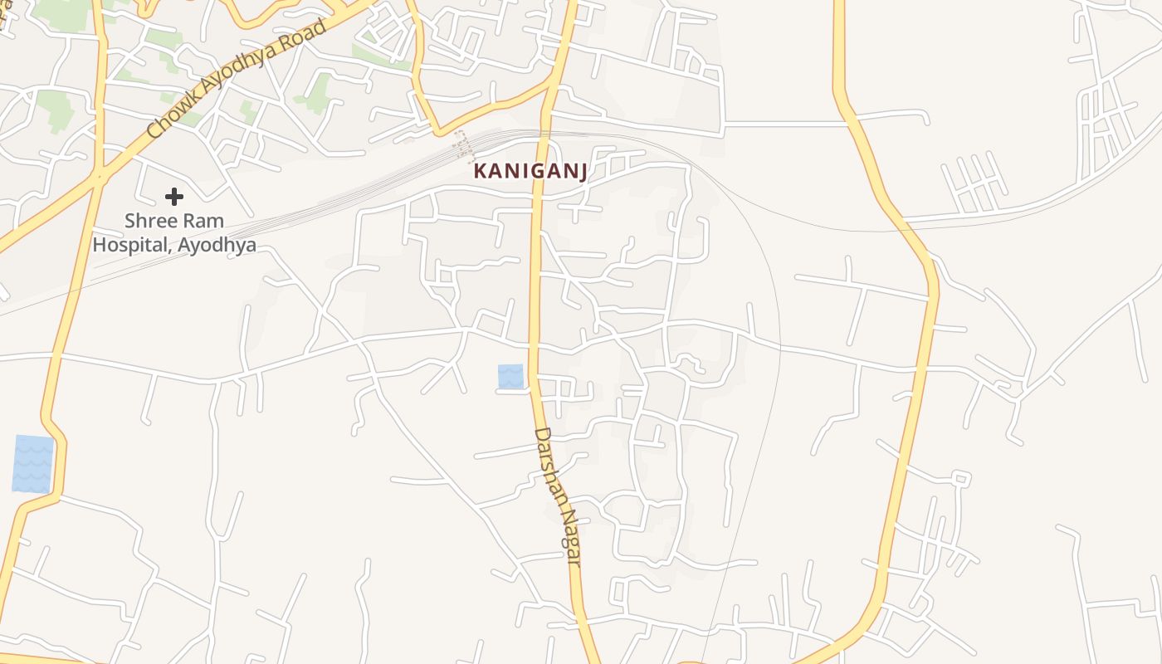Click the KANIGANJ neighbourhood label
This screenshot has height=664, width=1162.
tap(530, 172)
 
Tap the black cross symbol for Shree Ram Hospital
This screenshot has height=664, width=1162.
tap(173, 197)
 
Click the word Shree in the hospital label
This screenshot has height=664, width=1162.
tap(147, 222)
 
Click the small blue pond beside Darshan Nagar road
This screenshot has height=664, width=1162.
tap(510, 376)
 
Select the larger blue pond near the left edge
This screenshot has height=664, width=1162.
tap(33, 464)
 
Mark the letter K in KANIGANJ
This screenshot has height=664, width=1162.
tap(480, 172)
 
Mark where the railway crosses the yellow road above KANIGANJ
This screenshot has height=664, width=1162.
tap(544, 134)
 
